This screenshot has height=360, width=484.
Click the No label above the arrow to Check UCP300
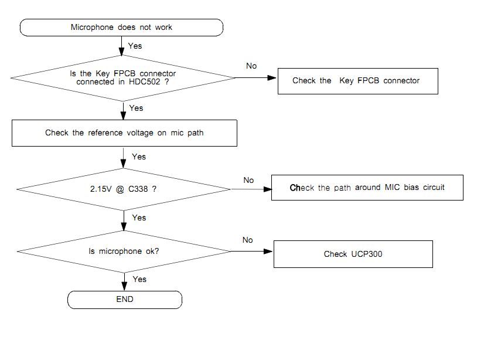pyautogui.click(x=247, y=240)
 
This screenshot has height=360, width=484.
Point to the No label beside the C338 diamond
pyautogui.click(x=248, y=180)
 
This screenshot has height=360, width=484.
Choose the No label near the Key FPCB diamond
pyautogui.click(x=251, y=66)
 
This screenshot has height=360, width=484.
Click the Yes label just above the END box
pyautogui.click(x=139, y=279)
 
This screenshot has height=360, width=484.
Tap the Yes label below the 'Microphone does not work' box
pyautogui.click(x=135, y=46)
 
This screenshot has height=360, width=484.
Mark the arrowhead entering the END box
pyautogui.click(x=124, y=286)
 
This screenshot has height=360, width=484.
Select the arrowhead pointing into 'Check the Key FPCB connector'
pyautogui.click(x=272, y=78)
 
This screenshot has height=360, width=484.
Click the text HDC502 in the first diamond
pyautogui.click(x=145, y=82)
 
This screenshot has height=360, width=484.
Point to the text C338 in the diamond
pyautogui.click(x=138, y=189)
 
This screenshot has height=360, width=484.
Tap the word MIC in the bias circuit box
pyautogui.click(x=392, y=187)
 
